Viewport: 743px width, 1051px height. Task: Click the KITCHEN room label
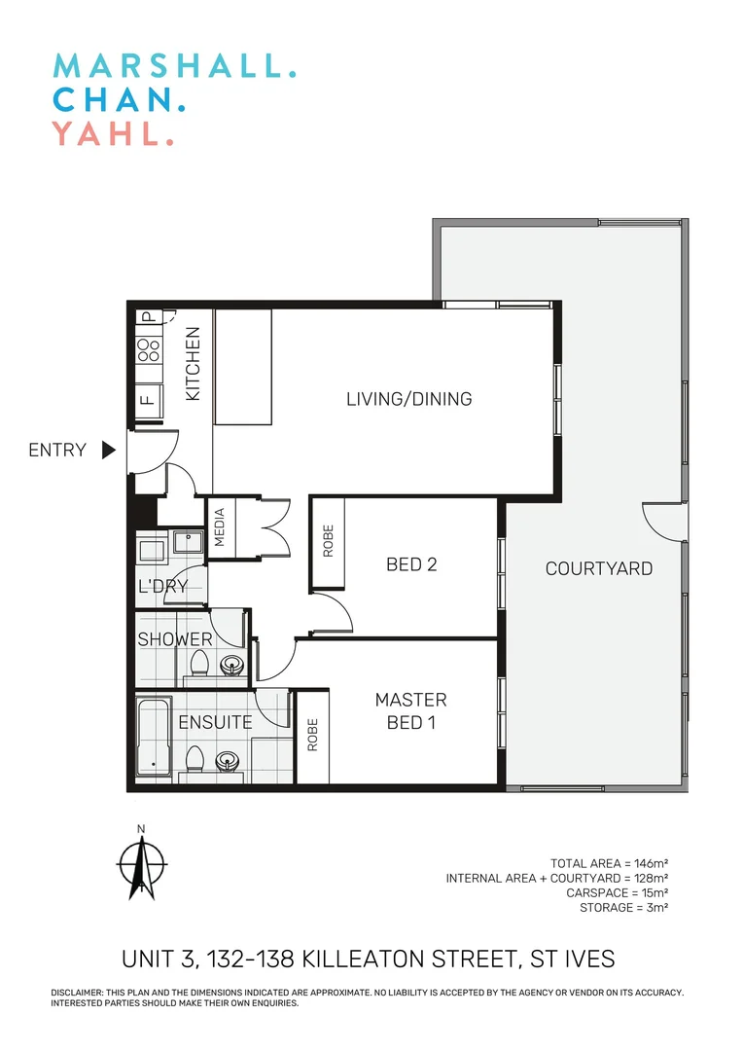click(x=193, y=364)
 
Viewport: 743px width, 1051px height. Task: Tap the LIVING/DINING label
click(x=408, y=399)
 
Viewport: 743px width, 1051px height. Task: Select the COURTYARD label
click(x=598, y=568)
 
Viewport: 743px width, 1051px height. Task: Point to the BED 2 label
click(x=411, y=564)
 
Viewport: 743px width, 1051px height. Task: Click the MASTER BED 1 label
click(x=411, y=710)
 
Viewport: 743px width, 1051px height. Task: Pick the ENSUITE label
click(x=215, y=722)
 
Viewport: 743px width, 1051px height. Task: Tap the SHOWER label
click(x=174, y=639)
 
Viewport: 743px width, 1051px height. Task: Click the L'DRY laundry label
click(x=162, y=587)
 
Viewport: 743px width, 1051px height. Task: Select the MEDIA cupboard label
click(x=220, y=527)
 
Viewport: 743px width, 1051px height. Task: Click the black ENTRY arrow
click(x=109, y=450)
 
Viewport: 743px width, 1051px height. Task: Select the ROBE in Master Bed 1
click(x=313, y=737)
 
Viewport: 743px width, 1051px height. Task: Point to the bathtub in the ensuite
click(x=153, y=737)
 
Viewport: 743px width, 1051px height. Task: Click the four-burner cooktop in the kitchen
click(x=149, y=350)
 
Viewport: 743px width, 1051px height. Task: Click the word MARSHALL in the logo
click(x=173, y=66)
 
